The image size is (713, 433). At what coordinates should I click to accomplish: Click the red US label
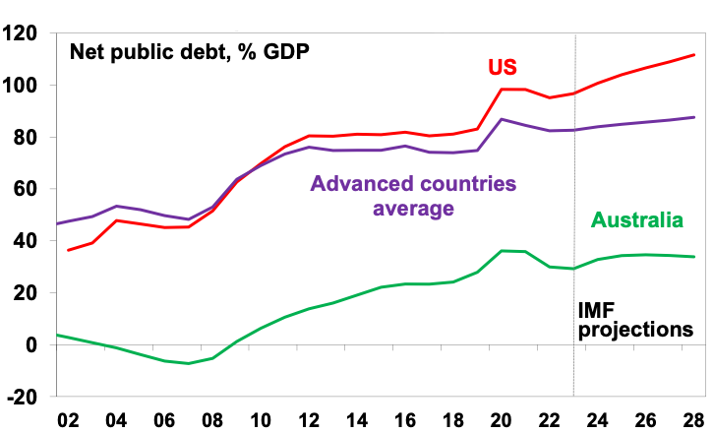click(503, 68)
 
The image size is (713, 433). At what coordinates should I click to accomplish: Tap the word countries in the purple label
click(467, 184)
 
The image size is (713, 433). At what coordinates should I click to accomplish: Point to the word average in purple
click(413, 209)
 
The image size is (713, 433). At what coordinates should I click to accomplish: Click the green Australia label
click(636, 220)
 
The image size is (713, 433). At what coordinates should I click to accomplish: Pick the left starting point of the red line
click(68, 250)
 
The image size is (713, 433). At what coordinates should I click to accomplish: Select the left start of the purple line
click(58, 223)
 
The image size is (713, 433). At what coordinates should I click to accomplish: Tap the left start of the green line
click(58, 335)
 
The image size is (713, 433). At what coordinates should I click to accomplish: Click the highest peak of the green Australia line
click(511, 251)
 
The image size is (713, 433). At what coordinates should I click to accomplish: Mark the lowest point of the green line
click(187, 363)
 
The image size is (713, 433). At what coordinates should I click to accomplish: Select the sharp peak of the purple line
click(503, 119)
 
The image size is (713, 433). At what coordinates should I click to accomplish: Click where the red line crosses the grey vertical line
click(573, 93)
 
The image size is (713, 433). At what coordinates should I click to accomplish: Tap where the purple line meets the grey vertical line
click(573, 130)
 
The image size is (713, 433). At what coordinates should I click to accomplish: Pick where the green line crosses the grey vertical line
click(573, 268)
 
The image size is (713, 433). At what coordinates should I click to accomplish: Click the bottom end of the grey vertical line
click(573, 396)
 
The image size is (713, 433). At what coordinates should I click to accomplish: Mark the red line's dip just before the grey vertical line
click(551, 97)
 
